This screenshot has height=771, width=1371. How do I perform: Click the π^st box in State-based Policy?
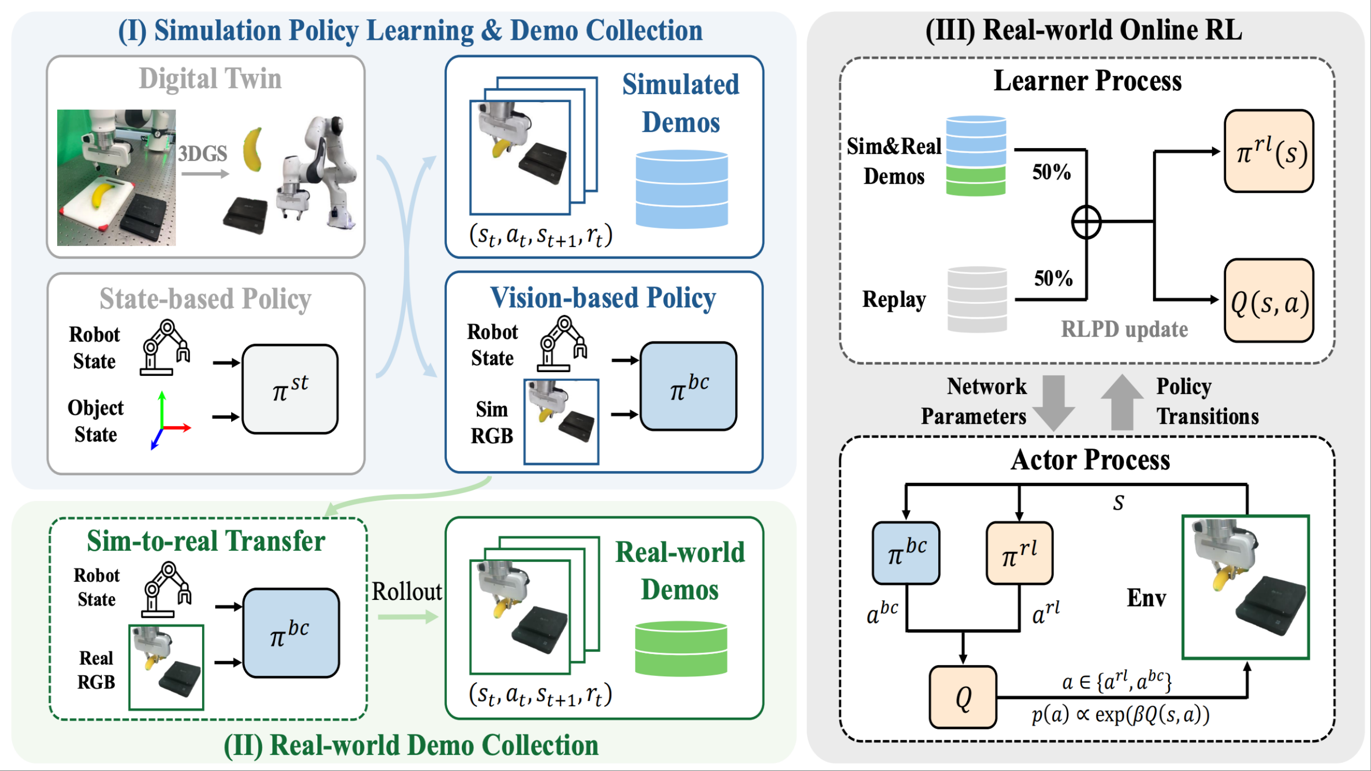click(x=290, y=389)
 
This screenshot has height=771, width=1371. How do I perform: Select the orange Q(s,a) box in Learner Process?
click(x=1269, y=300)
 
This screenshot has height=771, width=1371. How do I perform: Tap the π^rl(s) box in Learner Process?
click(x=1269, y=151)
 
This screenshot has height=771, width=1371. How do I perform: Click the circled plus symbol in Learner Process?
click(x=1086, y=221)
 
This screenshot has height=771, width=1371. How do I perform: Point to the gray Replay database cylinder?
click(x=977, y=299)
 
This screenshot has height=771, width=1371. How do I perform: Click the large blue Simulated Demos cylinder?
click(x=681, y=189)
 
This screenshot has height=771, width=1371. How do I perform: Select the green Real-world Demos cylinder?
click(x=681, y=649)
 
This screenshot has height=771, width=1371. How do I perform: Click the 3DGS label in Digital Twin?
click(x=202, y=154)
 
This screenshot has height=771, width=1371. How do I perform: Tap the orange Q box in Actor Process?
click(x=962, y=697)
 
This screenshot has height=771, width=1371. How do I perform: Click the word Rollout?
click(x=407, y=591)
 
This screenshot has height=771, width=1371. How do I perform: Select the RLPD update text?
click(x=1124, y=329)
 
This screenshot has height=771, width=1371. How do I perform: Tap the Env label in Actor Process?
click(x=1146, y=598)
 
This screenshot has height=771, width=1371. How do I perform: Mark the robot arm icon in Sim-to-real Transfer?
click(x=166, y=590)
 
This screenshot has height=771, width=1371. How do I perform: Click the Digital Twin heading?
click(x=210, y=79)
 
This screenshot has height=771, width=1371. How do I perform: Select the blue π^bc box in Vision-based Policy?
click(x=688, y=386)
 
